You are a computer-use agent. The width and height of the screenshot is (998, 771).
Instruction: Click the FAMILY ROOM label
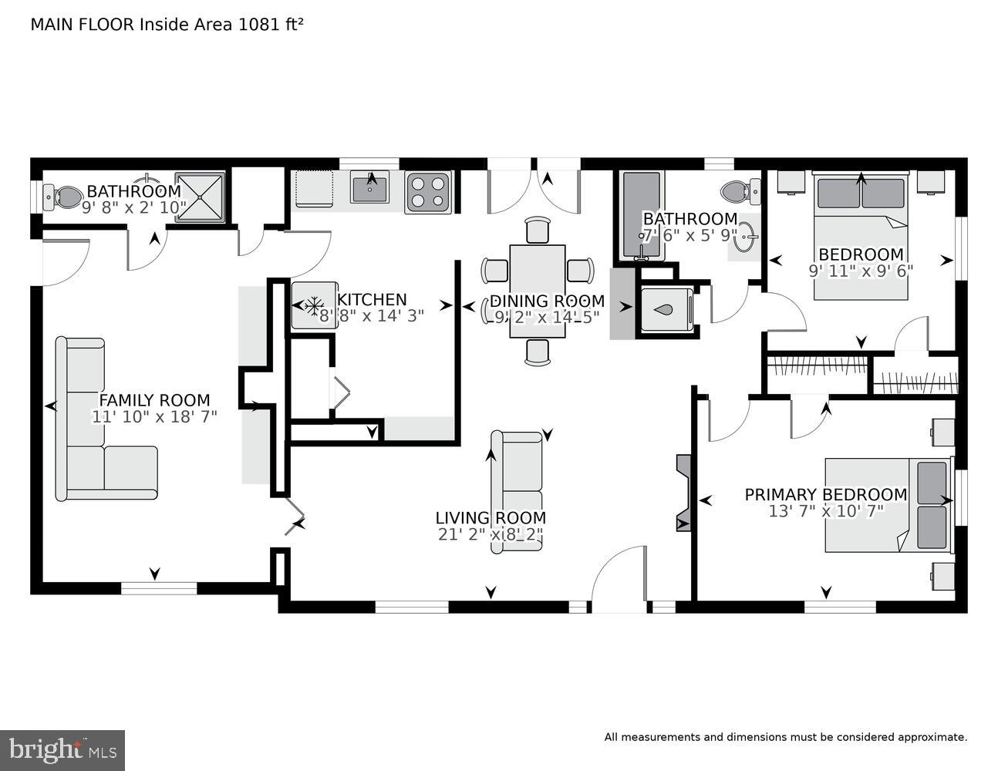pyautogui.click(x=154, y=400)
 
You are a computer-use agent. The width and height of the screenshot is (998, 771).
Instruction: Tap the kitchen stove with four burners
pyautogui.click(x=428, y=191)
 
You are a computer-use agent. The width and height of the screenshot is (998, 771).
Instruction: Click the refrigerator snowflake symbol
pyautogui.click(x=313, y=306)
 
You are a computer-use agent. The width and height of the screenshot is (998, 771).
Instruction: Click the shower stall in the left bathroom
pyautogui.click(x=200, y=197)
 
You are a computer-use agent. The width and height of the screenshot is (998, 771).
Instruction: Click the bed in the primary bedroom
pyautogui.click(x=887, y=505)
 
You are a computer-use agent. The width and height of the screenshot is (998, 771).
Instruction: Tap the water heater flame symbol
pyautogui.click(x=666, y=310)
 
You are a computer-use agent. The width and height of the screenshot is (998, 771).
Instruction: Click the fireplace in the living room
pyautogui.click(x=683, y=493)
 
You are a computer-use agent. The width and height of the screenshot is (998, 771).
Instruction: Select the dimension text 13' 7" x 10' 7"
pyautogui.click(x=826, y=510)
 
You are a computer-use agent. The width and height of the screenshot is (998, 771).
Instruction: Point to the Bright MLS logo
pyautogui.click(x=62, y=750)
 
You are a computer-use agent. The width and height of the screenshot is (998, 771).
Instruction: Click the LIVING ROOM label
pyautogui.click(x=491, y=518)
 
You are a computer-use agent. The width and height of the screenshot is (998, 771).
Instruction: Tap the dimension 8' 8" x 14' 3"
pyautogui.click(x=372, y=315)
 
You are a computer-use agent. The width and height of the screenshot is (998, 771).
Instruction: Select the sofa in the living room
pyautogui.click(x=517, y=490)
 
